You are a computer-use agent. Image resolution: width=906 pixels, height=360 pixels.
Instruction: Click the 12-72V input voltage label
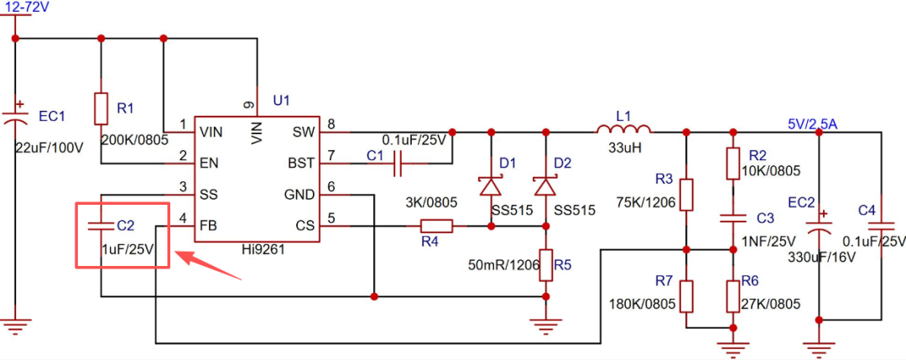24,8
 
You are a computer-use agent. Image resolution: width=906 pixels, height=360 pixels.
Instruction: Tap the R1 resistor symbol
102,108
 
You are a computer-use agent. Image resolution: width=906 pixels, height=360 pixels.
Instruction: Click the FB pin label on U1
209,225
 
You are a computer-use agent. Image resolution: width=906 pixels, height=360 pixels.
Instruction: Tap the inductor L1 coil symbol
624,128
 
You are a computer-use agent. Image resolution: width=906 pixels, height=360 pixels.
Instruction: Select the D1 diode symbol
491,186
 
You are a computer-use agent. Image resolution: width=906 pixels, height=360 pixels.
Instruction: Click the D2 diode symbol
545,186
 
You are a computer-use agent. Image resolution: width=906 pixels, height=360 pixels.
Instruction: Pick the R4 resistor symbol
436,226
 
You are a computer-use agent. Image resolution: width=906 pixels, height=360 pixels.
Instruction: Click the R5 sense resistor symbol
545,265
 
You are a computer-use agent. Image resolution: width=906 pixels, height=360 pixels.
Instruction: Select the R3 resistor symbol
686,194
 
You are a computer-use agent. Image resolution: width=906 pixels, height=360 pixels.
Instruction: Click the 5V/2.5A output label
813,123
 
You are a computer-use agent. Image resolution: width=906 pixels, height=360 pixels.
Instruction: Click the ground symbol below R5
545,326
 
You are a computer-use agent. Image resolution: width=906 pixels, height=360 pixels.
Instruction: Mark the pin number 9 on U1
249,105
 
